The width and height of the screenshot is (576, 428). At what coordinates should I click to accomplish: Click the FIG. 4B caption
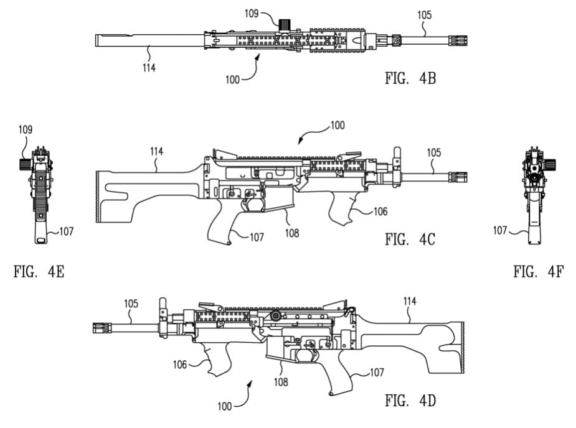410,78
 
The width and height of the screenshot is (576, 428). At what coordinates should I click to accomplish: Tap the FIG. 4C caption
410,240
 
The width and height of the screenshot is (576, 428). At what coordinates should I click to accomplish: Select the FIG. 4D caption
410,401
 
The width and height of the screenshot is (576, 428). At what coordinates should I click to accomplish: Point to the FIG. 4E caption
39,272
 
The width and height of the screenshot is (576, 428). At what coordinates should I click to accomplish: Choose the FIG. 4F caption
538,272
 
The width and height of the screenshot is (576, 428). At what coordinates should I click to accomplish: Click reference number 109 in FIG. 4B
252,14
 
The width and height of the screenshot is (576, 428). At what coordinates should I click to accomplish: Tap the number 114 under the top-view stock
149,68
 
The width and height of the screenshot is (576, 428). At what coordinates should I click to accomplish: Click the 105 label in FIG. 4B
424,15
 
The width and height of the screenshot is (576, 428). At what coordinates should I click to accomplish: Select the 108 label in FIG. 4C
292,233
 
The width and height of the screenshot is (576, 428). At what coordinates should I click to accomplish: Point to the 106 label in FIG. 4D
180,365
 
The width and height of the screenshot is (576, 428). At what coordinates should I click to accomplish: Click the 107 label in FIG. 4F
500,230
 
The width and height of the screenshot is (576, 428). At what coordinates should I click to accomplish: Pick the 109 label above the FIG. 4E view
26,129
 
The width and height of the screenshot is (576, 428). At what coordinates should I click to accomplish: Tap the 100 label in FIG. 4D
224,406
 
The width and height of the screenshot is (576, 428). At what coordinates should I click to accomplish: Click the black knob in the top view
285,25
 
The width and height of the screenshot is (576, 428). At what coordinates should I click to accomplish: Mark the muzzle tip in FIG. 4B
467,40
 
